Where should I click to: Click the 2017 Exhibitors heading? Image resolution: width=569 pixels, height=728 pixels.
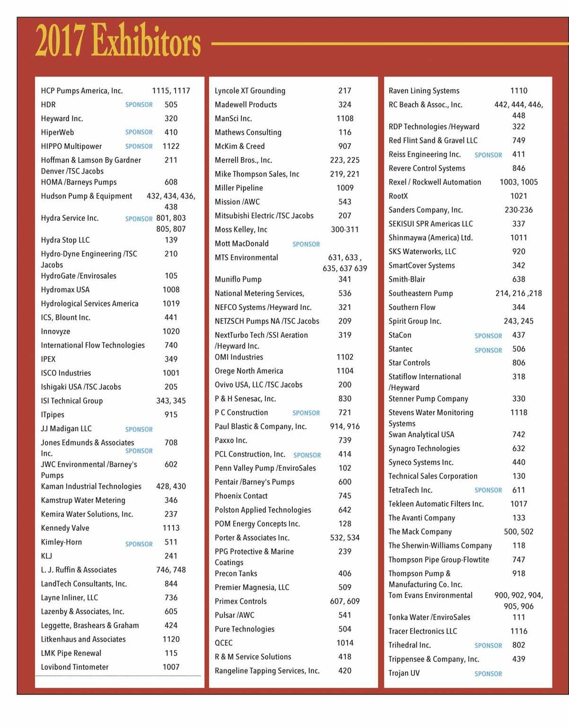(x=118, y=41)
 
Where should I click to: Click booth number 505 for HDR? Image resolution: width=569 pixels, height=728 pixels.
(x=171, y=105)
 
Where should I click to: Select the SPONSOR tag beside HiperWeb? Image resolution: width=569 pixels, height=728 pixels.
(x=139, y=132)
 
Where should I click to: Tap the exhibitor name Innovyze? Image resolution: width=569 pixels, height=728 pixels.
(x=55, y=332)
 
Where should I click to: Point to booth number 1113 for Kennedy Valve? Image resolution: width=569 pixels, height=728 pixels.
(x=171, y=528)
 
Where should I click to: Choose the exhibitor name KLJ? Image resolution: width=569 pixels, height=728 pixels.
(x=46, y=556)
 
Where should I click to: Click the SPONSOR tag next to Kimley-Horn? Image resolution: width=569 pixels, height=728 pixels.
(x=139, y=544)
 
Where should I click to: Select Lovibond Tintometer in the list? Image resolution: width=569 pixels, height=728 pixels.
(x=75, y=667)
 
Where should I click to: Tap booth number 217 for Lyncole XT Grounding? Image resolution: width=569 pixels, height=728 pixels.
(x=344, y=91)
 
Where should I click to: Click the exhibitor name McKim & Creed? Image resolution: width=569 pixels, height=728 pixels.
(x=239, y=146)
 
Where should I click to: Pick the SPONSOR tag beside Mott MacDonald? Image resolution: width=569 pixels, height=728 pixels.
(x=306, y=244)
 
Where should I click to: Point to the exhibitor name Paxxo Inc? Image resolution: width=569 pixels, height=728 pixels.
(x=231, y=440)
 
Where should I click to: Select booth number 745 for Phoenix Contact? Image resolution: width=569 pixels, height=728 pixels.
(x=344, y=496)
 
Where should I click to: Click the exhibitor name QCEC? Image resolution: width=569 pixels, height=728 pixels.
(x=224, y=643)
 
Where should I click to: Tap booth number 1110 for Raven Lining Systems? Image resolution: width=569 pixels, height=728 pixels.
(x=518, y=91)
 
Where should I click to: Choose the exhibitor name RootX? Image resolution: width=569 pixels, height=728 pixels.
(x=398, y=196)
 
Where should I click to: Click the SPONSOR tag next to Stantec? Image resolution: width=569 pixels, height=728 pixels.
(x=488, y=350)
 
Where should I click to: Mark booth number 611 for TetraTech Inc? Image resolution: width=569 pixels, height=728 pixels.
(x=518, y=490)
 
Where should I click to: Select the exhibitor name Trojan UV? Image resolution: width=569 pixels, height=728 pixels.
(x=404, y=673)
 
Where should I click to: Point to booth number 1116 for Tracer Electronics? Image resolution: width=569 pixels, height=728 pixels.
(x=518, y=631)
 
